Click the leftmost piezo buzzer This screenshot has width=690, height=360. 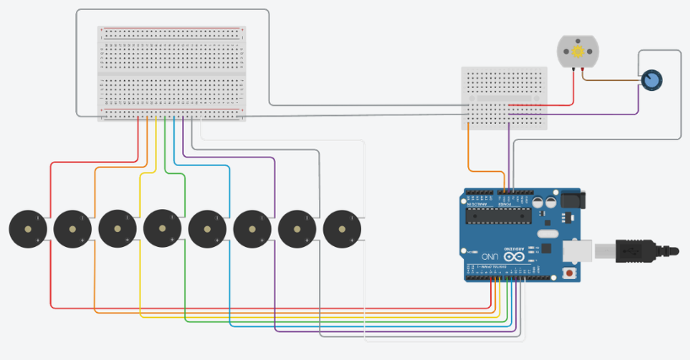[27, 229]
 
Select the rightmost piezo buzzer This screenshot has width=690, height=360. [341, 229]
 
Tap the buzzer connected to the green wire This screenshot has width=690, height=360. [162, 229]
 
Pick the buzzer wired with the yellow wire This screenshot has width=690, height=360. [116, 229]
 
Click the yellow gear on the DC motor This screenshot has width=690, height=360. [578, 53]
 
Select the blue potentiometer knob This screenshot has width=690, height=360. [651, 80]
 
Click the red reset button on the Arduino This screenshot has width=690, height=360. [572, 274]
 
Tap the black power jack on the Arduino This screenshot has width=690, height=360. [573, 201]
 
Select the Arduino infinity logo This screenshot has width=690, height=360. [513, 257]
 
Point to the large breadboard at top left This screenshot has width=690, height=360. [171, 73]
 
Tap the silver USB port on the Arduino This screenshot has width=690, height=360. [582, 250]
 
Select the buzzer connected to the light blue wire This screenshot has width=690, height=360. [207, 229]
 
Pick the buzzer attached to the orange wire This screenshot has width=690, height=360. [72, 229]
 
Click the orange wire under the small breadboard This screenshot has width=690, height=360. [469, 152]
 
